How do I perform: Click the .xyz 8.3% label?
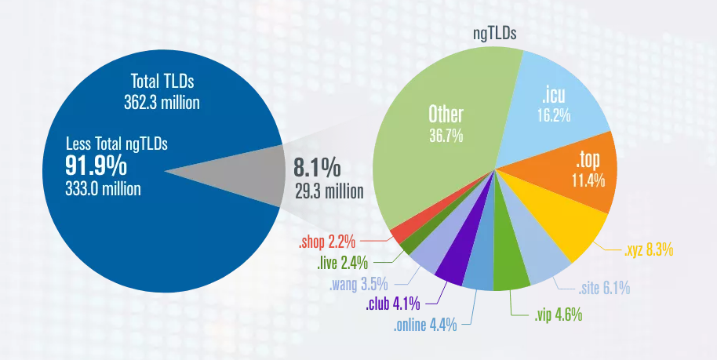pos(648,251)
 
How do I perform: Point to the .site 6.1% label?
pos(603,289)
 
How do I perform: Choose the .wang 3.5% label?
pos(358,283)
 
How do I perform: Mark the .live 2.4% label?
pos(343,263)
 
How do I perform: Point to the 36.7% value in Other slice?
pos(446,136)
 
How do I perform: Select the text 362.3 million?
pos(162,102)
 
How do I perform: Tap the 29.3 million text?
pos(328,191)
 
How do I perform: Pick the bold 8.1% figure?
pos(317,168)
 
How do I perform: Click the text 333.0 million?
pos(104,188)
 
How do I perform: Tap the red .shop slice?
pos(399,233)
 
